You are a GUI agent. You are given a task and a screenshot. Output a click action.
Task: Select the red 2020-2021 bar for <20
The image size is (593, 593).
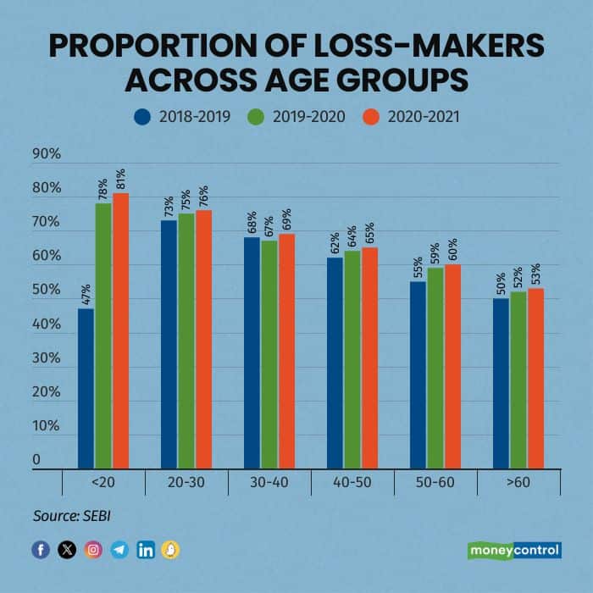[120, 330]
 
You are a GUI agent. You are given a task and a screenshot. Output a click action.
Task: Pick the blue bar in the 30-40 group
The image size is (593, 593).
[252, 352]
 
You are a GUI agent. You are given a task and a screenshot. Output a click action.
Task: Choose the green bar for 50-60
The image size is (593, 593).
[435, 368]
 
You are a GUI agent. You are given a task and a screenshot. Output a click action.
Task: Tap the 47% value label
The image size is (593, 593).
[86, 296]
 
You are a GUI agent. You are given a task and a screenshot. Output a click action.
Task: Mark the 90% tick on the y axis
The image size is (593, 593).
[47, 154]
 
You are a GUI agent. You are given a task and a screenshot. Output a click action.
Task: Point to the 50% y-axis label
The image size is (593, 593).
[47, 291]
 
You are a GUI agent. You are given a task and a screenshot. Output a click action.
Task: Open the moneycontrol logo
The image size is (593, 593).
[514, 550]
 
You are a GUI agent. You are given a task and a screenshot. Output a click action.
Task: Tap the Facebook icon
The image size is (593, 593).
[41, 550]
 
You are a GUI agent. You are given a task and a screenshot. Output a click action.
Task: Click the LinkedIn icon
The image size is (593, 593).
[145, 550]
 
